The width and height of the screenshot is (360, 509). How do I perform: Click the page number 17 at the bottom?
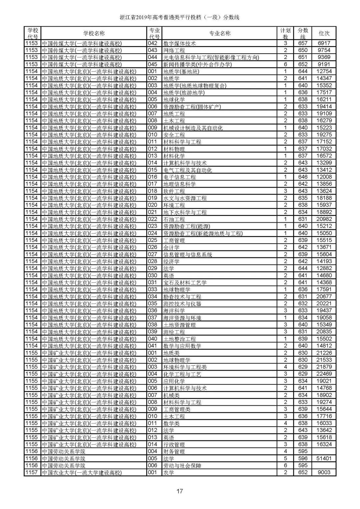(x=180, y=491)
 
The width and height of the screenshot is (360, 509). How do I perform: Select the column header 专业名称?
(x=220, y=33)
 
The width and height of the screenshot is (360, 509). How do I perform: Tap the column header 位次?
(x=324, y=33)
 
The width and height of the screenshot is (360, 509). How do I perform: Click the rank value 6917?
(x=324, y=43)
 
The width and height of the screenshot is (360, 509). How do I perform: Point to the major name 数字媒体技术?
(x=179, y=43)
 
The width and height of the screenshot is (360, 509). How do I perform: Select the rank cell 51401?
(x=324, y=458)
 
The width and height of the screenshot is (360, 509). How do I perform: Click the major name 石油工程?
(x=174, y=219)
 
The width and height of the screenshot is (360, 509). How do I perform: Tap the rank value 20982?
(x=324, y=219)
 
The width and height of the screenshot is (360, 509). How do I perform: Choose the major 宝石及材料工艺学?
(x=185, y=283)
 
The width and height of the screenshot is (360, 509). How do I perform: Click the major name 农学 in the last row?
(x=169, y=473)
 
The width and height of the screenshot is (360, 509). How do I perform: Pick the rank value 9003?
(x=324, y=473)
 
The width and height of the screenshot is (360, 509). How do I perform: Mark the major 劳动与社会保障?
(x=182, y=466)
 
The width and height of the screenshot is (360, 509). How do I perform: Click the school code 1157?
(x=32, y=473)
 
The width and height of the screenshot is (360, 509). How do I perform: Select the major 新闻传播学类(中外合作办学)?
(x=197, y=64)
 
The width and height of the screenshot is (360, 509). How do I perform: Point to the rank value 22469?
(x=324, y=374)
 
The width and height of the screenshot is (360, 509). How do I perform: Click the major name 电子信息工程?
(x=179, y=177)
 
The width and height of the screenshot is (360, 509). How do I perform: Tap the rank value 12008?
(x=324, y=177)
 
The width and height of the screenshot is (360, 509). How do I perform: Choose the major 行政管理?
(x=174, y=444)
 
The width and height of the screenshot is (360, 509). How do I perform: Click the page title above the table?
(x=180, y=17)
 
